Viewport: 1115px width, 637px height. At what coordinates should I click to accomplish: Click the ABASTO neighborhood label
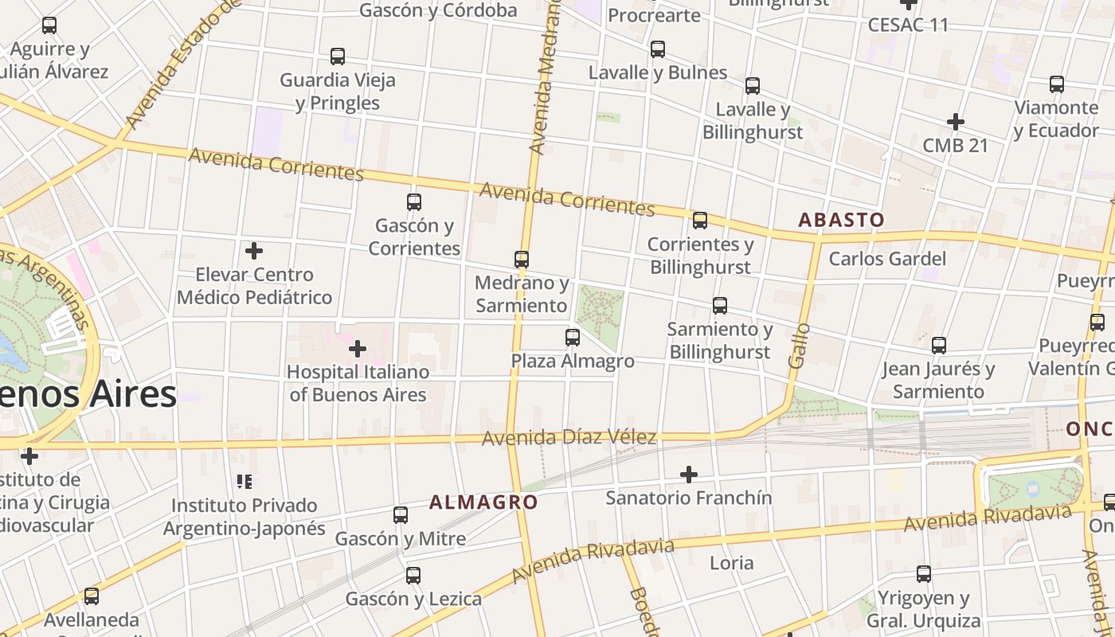click(841, 220)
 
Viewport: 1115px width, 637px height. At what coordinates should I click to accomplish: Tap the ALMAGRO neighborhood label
click(483, 502)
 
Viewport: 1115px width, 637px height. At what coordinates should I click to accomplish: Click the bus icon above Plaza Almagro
click(572, 338)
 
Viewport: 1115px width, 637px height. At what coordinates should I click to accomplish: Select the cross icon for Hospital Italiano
click(358, 349)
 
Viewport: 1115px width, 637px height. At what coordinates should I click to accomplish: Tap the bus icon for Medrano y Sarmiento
click(522, 260)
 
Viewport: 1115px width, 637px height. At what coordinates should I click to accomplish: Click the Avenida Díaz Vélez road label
click(569, 437)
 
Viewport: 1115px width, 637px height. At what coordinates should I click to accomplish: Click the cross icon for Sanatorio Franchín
click(689, 475)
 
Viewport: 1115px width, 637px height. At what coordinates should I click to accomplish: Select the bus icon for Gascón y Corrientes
click(414, 202)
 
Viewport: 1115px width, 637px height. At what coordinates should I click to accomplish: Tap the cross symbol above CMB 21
click(956, 122)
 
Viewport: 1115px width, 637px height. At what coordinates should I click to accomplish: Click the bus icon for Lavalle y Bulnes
click(658, 49)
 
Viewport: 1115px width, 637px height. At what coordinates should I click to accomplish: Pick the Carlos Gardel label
click(887, 259)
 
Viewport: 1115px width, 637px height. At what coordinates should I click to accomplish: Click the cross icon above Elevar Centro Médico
click(254, 252)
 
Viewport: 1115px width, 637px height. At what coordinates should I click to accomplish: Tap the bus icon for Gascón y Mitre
click(401, 515)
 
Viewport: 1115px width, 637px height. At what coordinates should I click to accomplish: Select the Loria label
click(731, 563)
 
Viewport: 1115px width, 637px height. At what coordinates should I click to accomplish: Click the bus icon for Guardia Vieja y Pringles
click(338, 57)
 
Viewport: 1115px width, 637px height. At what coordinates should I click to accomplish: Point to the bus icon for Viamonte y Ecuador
click(1057, 84)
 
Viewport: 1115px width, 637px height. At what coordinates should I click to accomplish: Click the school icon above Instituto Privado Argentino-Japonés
click(245, 481)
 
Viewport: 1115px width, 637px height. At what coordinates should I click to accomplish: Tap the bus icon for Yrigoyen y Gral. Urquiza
click(924, 574)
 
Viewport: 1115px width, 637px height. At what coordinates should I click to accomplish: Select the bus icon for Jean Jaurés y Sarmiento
click(939, 346)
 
